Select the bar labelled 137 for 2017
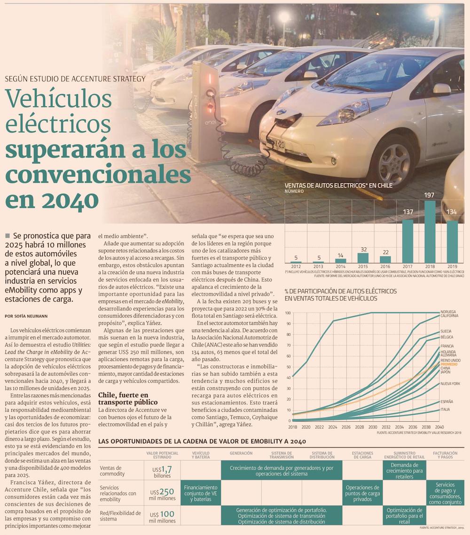coord(407,241)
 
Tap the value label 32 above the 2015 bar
coord(363,250)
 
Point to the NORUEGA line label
coord(448,312)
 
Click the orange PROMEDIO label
coord(449,364)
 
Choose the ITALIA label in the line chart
coord(446,409)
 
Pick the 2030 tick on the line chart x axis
coord(372,427)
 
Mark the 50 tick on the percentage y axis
coord(288,367)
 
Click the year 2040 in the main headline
coord(70,201)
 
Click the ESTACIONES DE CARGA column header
coord(362,455)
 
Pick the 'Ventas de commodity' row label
coord(111,471)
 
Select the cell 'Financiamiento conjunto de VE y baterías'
coord(201,493)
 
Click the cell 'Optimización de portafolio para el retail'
coord(404,515)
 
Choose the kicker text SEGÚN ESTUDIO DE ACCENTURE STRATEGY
coord(76,79)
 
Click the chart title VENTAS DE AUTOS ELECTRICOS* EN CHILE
coord(338,185)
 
